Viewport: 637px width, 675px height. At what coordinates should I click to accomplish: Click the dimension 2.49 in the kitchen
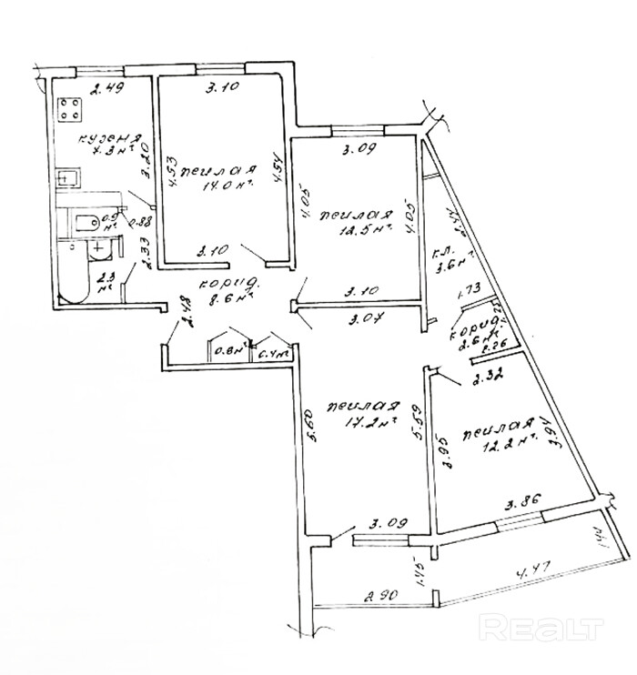107,88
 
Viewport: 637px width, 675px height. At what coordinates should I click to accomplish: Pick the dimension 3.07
366,318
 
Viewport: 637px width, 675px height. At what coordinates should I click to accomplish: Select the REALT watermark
541,626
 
